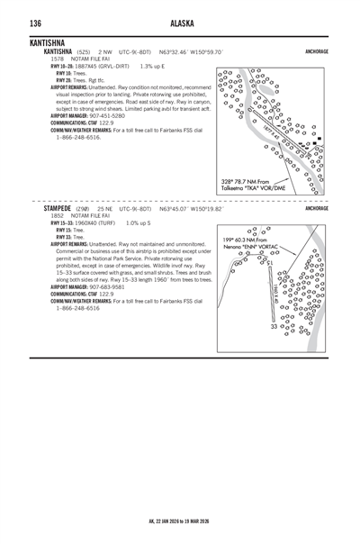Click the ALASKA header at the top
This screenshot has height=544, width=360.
[x=179, y=23]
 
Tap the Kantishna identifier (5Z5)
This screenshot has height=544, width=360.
[x=83, y=52]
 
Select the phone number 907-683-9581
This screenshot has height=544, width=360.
[x=109, y=286]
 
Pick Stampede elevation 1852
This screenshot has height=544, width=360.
[x=58, y=215]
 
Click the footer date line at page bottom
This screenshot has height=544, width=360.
[x=179, y=521]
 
